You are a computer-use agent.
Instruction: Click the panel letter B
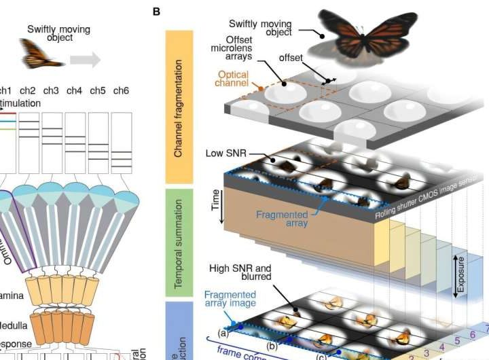coord(157,12)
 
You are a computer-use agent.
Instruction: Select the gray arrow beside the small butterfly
coord(86,59)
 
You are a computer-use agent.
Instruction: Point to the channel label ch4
coord(75,90)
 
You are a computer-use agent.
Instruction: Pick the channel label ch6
coord(121,90)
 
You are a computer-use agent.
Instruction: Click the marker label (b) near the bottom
coord(272,344)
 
